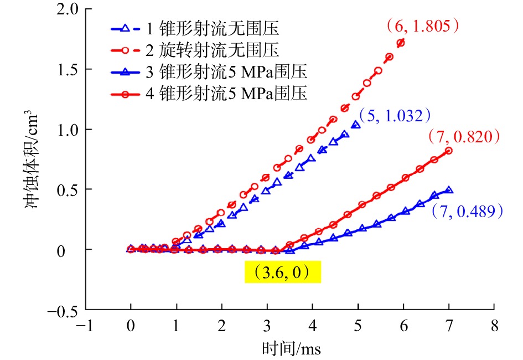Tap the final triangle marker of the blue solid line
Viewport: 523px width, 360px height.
(449, 190)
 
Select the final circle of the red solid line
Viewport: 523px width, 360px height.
(449, 151)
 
